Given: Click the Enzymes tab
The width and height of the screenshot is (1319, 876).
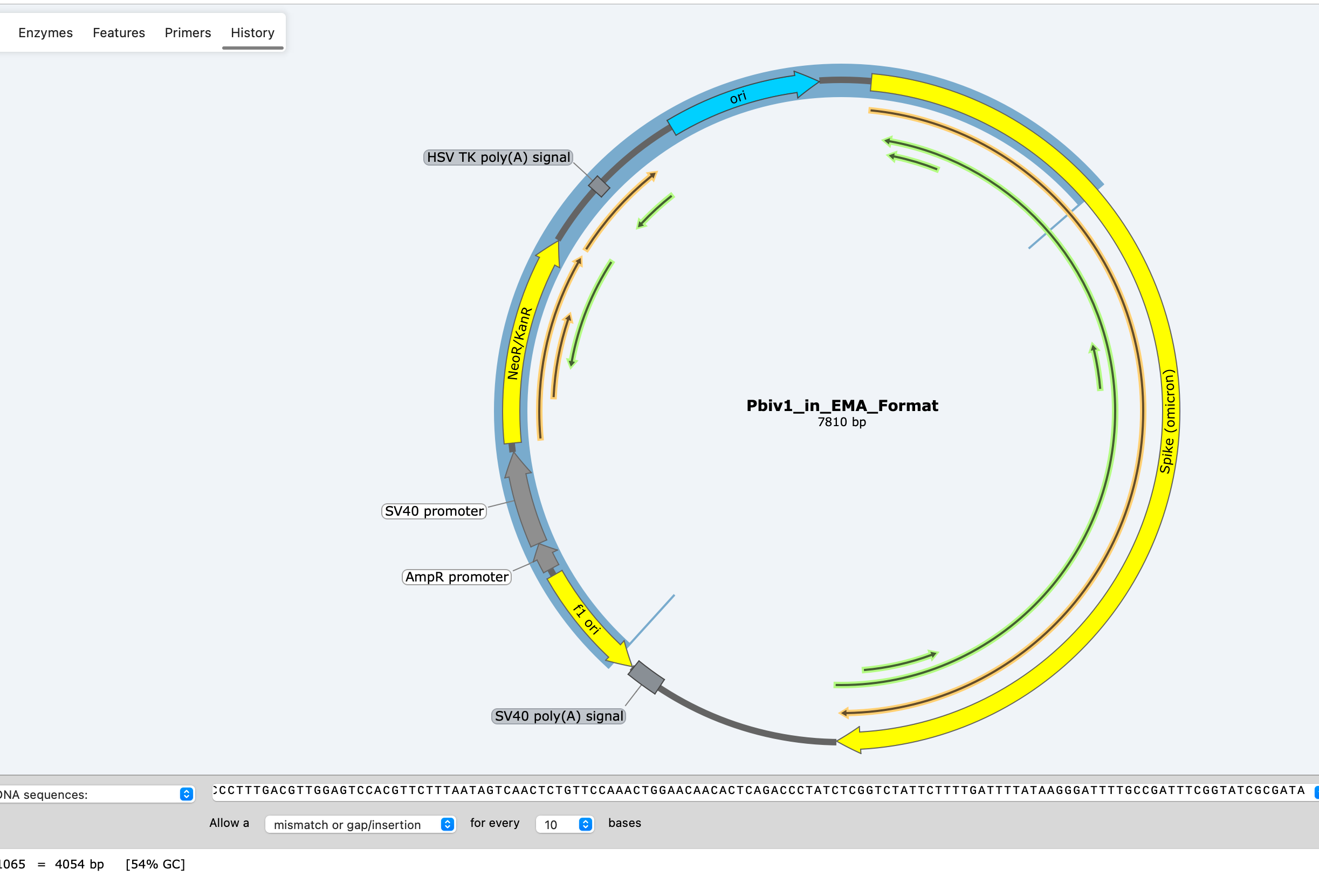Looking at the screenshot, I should pyautogui.click(x=45, y=33).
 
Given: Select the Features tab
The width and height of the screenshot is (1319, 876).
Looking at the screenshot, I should pyautogui.click(x=119, y=33).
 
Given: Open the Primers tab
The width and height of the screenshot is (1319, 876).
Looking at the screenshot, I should pyautogui.click(x=188, y=33).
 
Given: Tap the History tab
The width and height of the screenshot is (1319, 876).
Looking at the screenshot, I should pyautogui.click(x=252, y=33).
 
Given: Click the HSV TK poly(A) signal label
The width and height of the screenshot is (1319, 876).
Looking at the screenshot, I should pyautogui.click(x=498, y=158).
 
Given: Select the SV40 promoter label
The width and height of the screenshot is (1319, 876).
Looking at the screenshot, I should pyautogui.click(x=434, y=511).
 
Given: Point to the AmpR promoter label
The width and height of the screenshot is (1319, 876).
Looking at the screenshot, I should pyautogui.click(x=456, y=577).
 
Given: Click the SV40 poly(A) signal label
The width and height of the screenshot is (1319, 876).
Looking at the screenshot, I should pyautogui.click(x=559, y=716).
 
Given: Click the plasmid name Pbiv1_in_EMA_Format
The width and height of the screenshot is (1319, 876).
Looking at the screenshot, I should pyautogui.click(x=842, y=406).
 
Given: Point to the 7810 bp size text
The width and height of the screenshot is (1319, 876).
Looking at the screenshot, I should pyautogui.click(x=842, y=422).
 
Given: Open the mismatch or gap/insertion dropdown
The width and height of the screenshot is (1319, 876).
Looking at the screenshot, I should pyautogui.click(x=360, y=825).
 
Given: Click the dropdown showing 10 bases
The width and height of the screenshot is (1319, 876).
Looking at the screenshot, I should pyautogui.click(x=565, y=825).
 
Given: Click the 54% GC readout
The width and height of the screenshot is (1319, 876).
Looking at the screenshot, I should pyautogui.click(x=155, y=864).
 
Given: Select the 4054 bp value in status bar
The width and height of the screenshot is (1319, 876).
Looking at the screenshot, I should pyautogui.click(x=79, y=864).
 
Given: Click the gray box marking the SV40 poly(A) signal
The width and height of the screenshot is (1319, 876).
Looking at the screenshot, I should pyautogui.click(x=646, y=677).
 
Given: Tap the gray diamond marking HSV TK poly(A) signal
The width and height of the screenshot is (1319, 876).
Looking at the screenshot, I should pyautogui.click(x=599, y=186).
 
